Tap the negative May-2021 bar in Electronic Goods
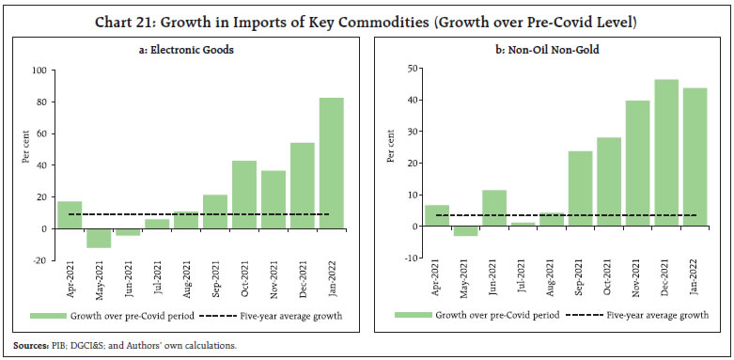[98, 238]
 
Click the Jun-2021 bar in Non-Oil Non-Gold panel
[494, 208]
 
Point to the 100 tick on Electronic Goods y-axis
[39, 70]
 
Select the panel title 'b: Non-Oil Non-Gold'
[554, 50]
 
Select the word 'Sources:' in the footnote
[32, 344]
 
